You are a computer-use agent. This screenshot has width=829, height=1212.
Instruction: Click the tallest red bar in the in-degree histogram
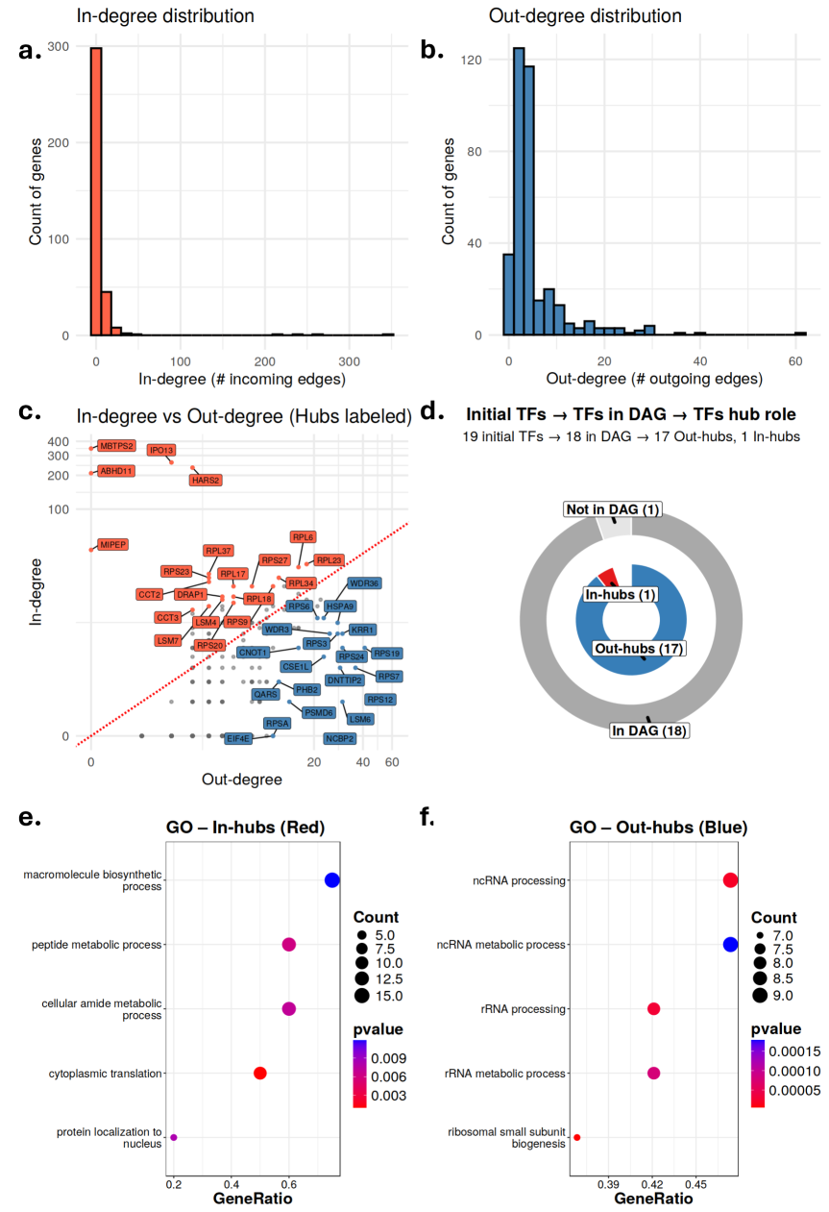tap(95, 192)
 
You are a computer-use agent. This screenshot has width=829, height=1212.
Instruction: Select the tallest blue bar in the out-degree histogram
tap(519, 192)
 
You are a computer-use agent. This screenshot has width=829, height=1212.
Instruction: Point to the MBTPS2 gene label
tap(116, 446)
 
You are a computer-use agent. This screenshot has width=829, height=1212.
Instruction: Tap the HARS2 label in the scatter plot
tap(206, 480)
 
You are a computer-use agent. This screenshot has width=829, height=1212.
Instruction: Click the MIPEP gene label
tap(112, 545)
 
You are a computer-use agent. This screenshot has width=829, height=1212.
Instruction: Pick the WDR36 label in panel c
tap(364, 583)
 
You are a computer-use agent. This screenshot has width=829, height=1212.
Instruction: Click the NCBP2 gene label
tap(340, 738)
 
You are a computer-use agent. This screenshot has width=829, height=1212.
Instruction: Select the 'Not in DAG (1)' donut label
tap(613, 509)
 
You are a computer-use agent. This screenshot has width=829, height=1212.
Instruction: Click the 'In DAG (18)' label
tap(650, 730)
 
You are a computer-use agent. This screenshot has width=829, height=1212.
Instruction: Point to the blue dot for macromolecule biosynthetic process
tap(332, 880)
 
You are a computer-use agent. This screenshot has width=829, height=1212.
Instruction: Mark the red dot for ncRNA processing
tap(730, 880)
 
